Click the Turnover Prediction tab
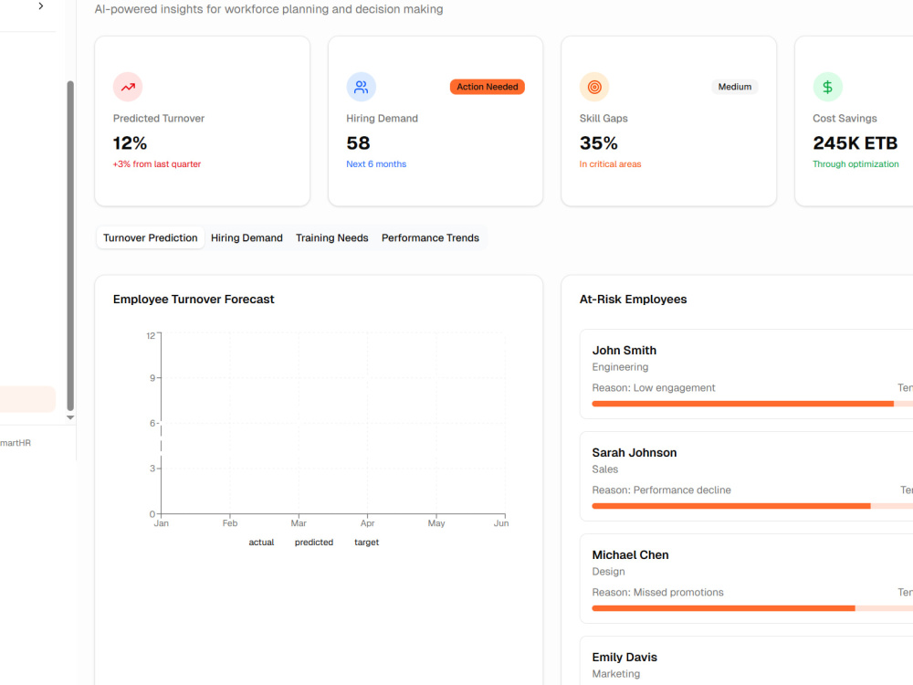point(151,237)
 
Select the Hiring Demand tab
point(247,237)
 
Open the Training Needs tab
point(332,237)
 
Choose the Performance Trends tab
point(430,237)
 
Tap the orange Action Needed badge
point(488,87)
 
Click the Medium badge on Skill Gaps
point(734,87)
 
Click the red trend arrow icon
point(128,87)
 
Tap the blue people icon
point(361,87)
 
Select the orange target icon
point(594,87)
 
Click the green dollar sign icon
point(827,87)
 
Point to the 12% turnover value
point(130,143)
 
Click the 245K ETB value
point(855,143)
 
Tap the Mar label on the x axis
point(299,523)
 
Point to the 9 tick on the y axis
point(152,378)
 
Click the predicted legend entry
point(314,543)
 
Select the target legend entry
point(366,543)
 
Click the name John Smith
point(624,350)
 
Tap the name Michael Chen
point(631,555)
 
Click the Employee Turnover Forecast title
point(194,300)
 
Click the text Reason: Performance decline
point(661,490)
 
